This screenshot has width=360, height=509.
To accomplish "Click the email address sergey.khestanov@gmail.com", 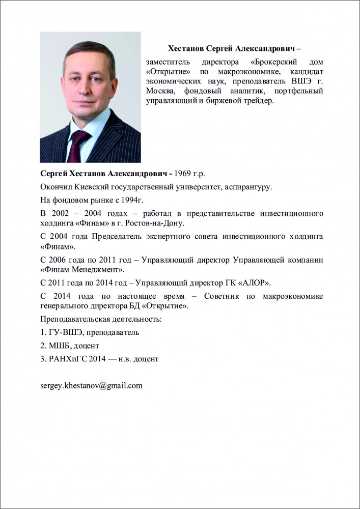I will [91, 385].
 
